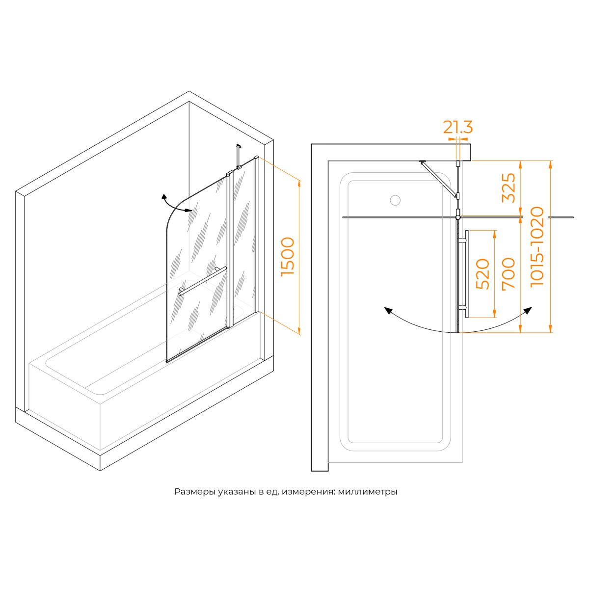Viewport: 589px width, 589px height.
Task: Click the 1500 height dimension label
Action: tap(288, 257)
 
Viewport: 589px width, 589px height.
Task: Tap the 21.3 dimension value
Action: tap(457, 128)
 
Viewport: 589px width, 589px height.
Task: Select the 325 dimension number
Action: tap(509, 187)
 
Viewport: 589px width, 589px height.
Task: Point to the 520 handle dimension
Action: tap(483, 274)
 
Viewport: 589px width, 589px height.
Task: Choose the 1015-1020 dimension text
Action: tap(537, 246)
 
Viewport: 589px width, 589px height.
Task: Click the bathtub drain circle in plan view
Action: tap(395, 200)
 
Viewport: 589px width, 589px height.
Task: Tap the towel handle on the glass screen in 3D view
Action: tap(203, 281)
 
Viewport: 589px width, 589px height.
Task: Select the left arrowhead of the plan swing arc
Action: tap(388, 310)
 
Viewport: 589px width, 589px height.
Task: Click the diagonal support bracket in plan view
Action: tap(439, 179)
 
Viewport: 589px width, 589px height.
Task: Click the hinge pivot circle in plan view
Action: tap(458, 214)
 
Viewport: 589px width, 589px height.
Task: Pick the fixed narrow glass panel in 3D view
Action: tap(243, 241)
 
